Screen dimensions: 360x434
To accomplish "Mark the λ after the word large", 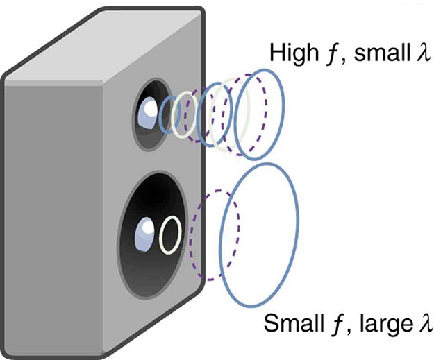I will click(424, 324).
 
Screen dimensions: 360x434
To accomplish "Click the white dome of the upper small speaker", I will click(149, 110).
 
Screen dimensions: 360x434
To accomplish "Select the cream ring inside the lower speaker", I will click(170, 236).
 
